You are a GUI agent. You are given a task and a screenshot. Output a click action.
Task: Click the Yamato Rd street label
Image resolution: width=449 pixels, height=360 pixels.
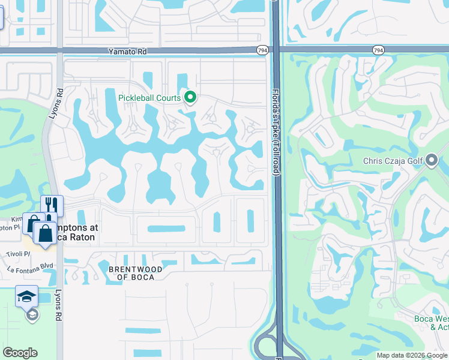(127, 52)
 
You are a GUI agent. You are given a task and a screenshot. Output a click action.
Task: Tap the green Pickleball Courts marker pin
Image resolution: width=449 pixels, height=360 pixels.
(191, 97)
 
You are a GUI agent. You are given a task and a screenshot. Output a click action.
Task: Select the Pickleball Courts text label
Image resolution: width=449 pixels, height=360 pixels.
(149, 97)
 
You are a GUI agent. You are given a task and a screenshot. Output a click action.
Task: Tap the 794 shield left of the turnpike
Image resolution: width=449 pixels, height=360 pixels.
(262, 51)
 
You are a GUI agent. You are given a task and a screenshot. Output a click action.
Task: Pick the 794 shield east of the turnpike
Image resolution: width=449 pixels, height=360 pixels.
(378, 51)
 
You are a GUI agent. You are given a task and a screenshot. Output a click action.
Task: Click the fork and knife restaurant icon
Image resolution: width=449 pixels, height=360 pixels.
(52, 205)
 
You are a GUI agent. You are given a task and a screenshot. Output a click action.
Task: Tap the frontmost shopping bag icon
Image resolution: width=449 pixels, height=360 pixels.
(45, 233)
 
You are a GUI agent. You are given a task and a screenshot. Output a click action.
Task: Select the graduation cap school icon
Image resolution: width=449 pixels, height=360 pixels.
(27, 296)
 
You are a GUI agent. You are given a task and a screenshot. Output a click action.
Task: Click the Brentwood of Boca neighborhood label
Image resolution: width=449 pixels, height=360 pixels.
(135, 273)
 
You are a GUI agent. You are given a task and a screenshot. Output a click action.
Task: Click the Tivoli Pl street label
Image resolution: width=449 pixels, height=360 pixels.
(19, 254)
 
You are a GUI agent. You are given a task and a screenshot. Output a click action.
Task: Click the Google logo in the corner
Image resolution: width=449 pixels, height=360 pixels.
(20, 353)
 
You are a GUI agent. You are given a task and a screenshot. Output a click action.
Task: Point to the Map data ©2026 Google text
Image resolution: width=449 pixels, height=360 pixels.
(412, 355)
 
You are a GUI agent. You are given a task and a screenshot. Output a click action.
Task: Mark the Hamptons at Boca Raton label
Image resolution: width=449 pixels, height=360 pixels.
(75, 232)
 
